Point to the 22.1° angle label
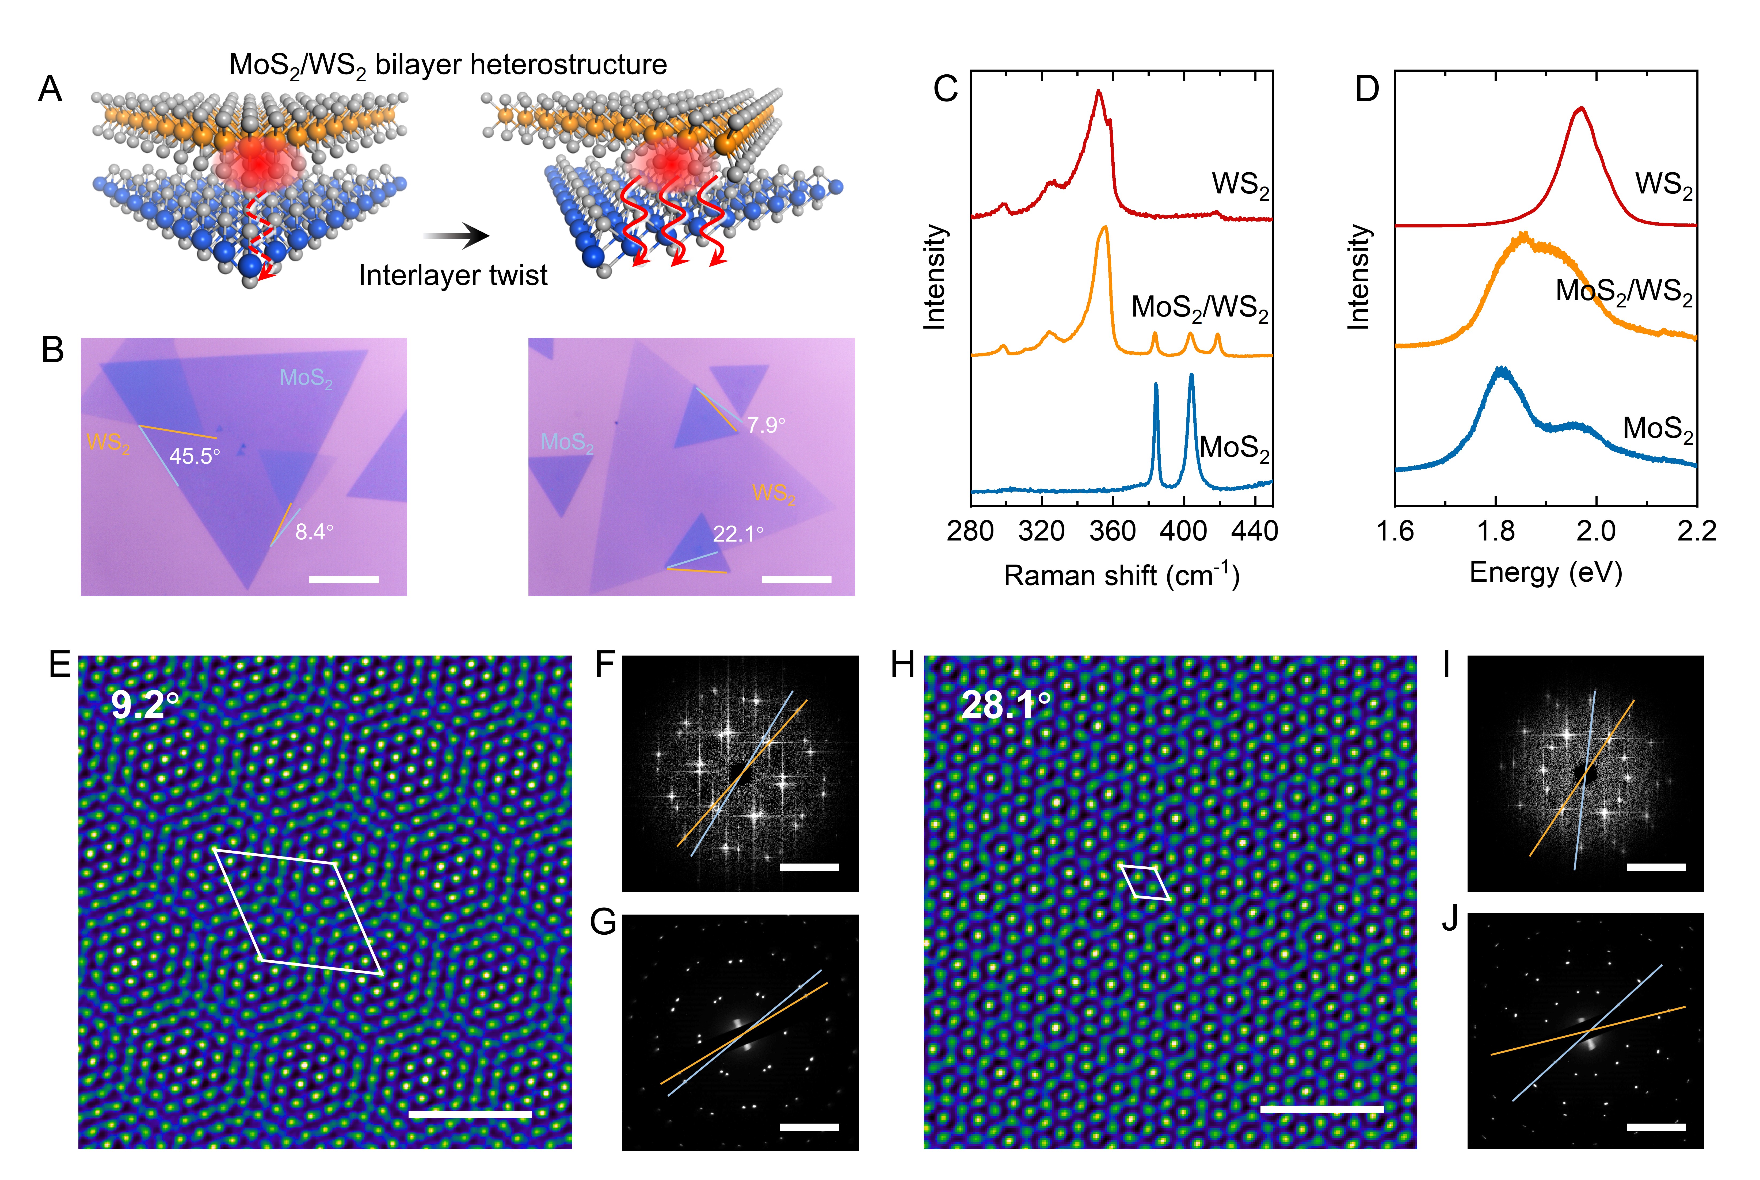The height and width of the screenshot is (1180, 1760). (x=737, y=534)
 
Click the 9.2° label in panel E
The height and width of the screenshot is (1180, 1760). (x=145, y=704)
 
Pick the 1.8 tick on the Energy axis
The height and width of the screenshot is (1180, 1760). (x=1495, y=531)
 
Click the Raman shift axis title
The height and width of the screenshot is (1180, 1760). (x=1121, y=576)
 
